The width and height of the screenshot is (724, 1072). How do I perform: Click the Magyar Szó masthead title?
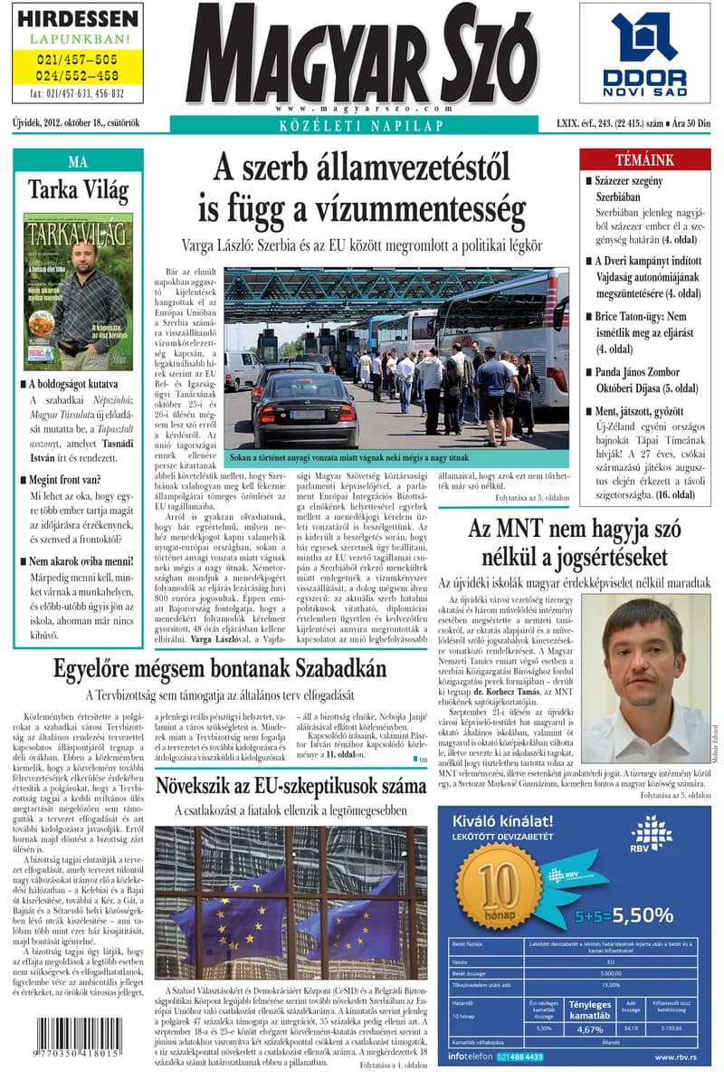click(362, 50)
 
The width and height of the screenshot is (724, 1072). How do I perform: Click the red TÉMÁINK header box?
click(643, 159)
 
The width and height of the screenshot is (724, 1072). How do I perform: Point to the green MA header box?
click(78, 162)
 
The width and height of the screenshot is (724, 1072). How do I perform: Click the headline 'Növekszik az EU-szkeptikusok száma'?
click(290, 784)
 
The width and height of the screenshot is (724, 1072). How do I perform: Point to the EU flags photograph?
click(290, 903)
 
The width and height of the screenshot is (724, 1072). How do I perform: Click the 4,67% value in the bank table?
click(590, 1029)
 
